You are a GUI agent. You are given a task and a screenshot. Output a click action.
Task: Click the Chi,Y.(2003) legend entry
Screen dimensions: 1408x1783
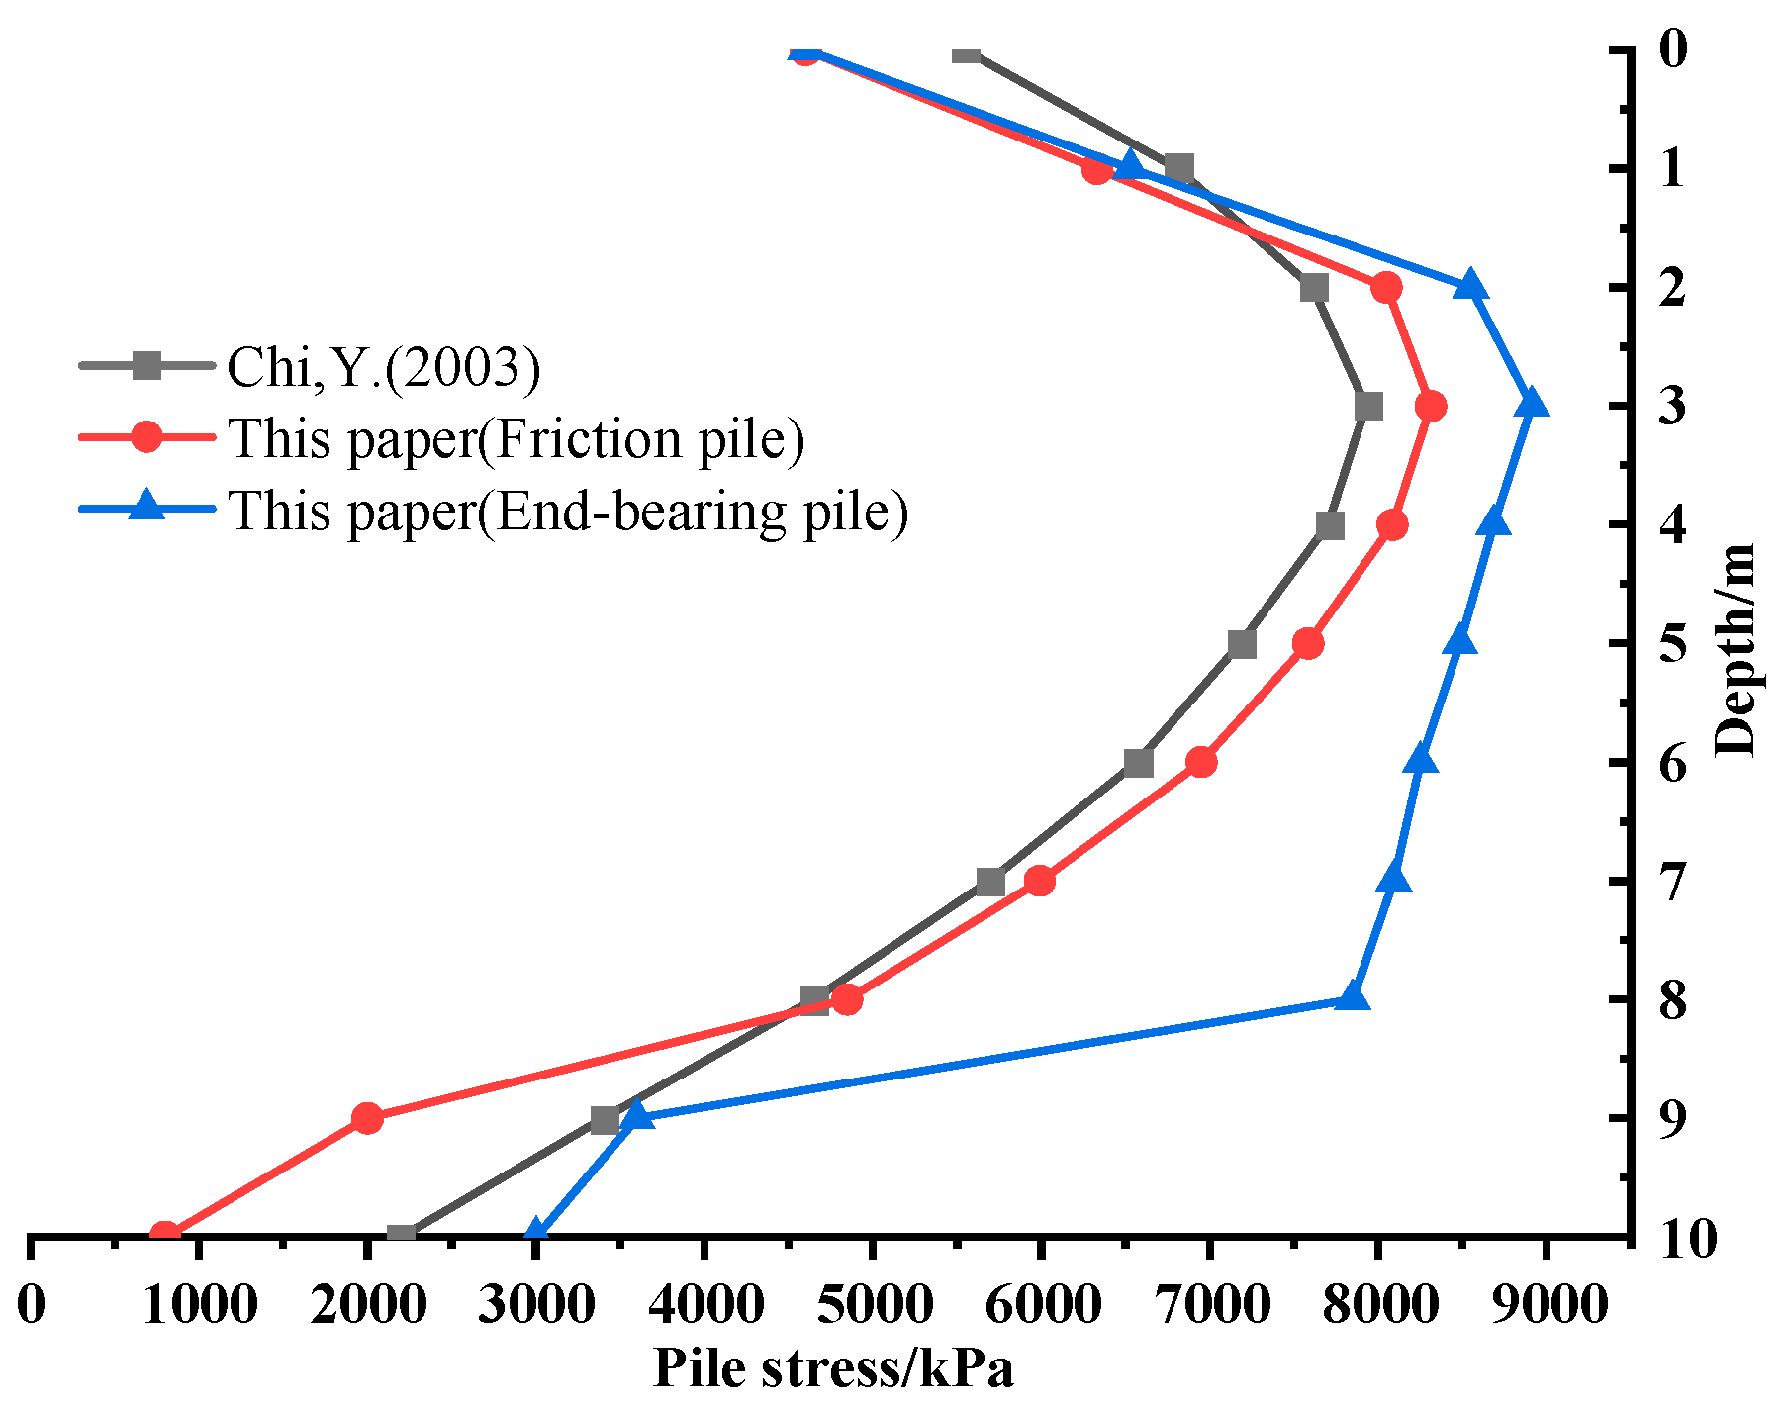384,367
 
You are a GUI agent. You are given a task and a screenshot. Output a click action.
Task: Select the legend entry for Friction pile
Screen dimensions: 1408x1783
516,438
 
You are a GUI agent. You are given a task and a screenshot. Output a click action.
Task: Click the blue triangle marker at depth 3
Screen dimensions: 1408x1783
1532,405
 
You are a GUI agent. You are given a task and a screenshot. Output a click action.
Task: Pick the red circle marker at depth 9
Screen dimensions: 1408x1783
367,1119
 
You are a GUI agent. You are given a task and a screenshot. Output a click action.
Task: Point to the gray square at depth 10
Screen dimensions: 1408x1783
401,1235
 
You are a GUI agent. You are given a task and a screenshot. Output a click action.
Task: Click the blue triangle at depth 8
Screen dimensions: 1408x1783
1353,997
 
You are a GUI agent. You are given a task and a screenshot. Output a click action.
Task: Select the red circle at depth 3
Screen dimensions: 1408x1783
1430,406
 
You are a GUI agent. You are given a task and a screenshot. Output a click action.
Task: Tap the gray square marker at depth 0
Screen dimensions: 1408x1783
967,52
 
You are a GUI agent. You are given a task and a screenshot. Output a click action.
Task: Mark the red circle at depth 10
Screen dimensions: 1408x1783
165,1235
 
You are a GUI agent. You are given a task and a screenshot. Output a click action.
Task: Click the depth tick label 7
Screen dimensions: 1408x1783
1672,883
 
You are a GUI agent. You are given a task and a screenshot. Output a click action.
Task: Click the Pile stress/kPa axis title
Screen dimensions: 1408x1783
833,1369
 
